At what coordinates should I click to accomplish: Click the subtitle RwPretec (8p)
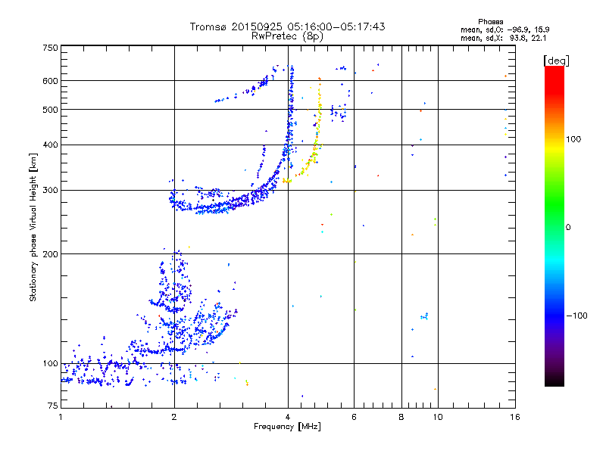tap(287, 36)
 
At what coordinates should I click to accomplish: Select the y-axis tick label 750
tap(51, 48)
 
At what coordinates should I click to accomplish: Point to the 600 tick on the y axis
tap(51, 81)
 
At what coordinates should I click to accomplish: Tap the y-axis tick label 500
tap(51, 110)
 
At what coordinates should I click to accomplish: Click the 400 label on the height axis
tap(51, 145)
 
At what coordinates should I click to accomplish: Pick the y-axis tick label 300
tap(51, 190)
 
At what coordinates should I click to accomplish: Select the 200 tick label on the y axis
tap(51, 254)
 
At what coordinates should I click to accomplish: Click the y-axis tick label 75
tap(53, 406)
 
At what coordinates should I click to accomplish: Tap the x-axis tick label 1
tap(61, 417)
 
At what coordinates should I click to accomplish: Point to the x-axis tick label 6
tap(354, 417)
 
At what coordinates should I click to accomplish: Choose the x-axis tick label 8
tap(401, 417)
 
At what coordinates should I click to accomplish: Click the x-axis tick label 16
tap(515, 417)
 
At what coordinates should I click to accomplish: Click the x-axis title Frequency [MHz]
tap(287, 427)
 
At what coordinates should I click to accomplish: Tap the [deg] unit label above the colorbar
tap(556, 61)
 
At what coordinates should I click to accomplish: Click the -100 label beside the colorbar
tap(577, 316)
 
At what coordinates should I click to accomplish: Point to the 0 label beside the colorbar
tap(568, 227)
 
